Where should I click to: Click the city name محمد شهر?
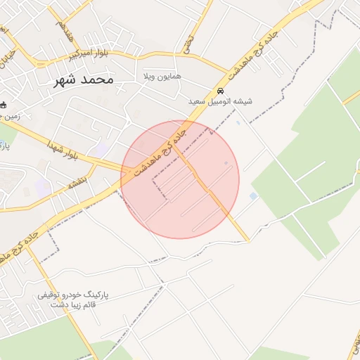pos(83,79)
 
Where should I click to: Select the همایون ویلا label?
pos(162,75)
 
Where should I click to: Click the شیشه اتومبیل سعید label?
pos(220,101)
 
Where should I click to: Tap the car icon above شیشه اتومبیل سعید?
pos(220,91)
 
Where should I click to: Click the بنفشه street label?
pos(77,182)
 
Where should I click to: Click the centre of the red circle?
pos(180,179)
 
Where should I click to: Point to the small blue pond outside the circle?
pos(253,196)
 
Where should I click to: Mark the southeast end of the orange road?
pos(247,241)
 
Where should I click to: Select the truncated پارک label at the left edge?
pos(3,147)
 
